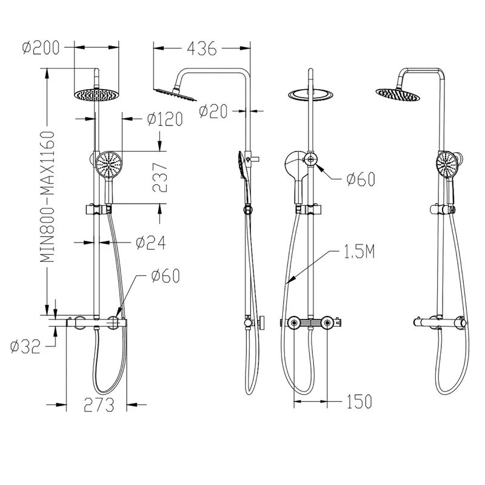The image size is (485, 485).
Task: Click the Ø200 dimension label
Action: pyautogui.click(x=41, y=48)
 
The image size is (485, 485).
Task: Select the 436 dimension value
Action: pyautogui.click(x=201, y=48)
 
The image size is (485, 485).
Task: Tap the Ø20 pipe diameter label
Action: pyautogui.click(x=213, y=112)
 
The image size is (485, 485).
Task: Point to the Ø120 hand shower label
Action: pyautogui.click(x=165, y=119)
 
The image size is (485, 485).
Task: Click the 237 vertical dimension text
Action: pyautogui.click(x=160, y=178)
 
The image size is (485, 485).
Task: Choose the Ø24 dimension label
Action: pyautogui.click(x=150, y=243)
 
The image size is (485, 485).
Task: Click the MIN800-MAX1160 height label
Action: pyautogui.click(x=48, y=196)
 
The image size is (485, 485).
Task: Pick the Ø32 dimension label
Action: pyautogui.click(x=25, y=346)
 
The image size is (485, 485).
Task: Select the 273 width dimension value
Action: pyautogui.click(x=99, y=404)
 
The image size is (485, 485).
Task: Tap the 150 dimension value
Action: pyautogui.click(x=359, y=401)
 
